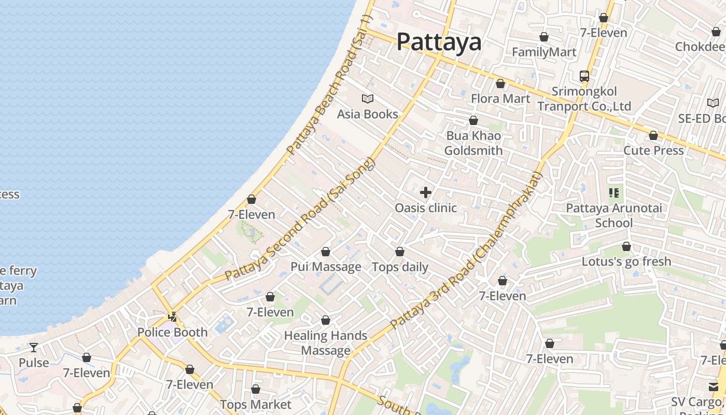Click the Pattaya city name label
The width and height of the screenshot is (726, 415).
439,42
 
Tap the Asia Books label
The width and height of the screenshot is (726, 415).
368,114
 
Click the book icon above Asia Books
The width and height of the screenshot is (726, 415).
368,99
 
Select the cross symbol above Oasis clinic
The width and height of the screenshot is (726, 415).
426,192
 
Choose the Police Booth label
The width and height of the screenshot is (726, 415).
172,332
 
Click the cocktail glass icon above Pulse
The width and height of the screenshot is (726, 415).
34,347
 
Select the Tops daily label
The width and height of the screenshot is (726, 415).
400,267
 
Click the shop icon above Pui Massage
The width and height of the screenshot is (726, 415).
326,252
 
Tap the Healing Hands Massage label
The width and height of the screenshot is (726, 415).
326,343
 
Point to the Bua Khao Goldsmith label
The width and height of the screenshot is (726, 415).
473,143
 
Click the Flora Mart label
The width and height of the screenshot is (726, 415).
500,99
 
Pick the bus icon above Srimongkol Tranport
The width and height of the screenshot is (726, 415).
584,76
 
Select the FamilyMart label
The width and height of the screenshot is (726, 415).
544,52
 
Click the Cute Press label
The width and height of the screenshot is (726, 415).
653,150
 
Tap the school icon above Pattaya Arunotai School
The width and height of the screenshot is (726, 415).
614,193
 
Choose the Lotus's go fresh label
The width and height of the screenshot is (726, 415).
626,261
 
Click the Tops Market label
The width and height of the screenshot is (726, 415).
256,404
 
